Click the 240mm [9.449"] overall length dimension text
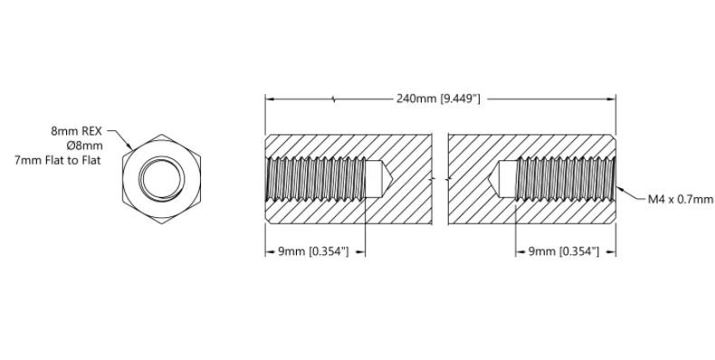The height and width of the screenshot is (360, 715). coord(438,99)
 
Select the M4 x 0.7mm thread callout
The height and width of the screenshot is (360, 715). coord(681,199)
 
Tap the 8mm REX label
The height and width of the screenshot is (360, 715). coord(77,131)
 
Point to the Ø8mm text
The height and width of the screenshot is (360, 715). coord(84,146)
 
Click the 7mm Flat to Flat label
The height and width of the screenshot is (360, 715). coord(57,160)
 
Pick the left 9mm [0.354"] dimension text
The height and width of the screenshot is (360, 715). coord(314,251)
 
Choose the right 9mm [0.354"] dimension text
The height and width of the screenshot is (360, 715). coord(564,251)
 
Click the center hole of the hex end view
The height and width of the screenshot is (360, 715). coord(161,178)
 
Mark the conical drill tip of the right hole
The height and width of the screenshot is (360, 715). coord(495,179)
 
